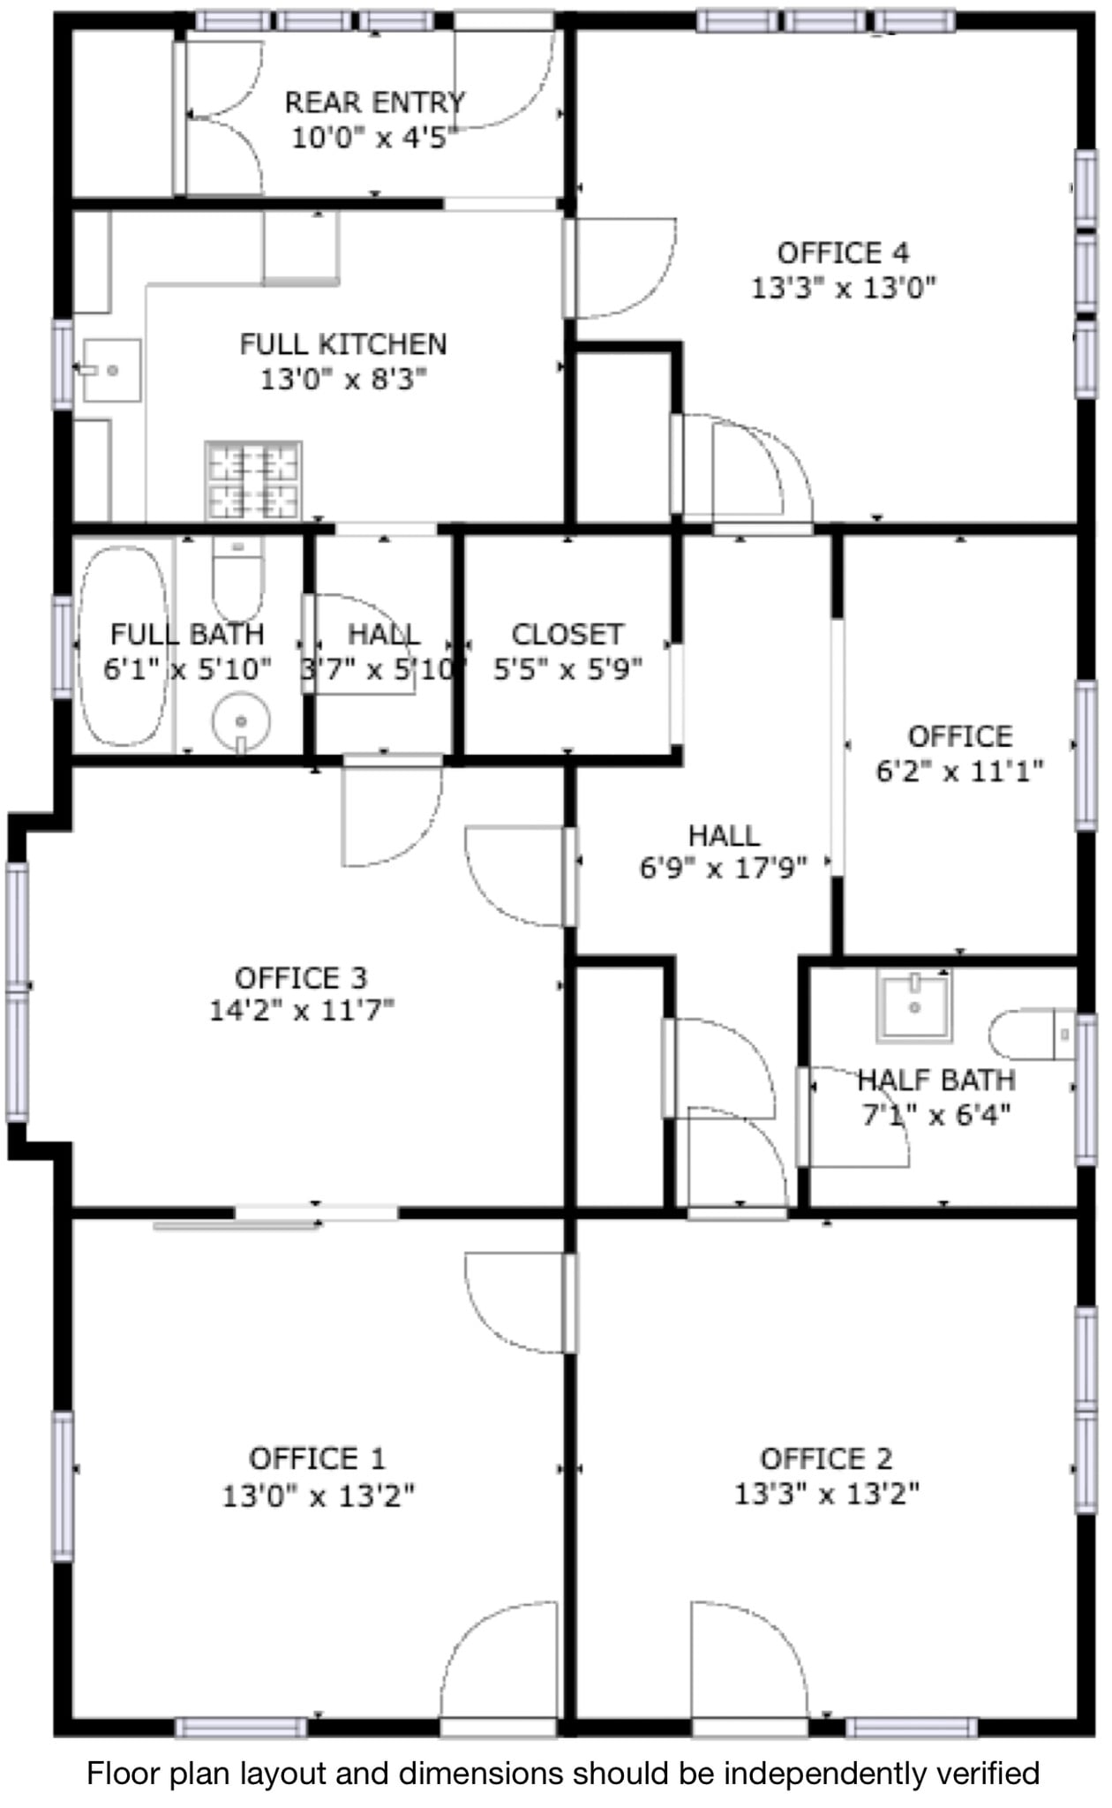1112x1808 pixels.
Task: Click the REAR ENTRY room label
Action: coord(374,102)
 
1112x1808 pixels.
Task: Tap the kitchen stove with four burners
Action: coord(253,480)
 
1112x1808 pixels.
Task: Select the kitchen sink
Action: coord(112,370)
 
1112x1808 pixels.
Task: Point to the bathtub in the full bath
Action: coord(124,647)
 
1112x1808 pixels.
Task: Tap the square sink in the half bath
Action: coord(914,1005)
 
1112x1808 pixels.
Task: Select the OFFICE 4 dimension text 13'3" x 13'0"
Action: coord(843,288)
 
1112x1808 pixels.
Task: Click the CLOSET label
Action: coord(567,634)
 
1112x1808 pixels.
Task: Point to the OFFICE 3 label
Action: coord(301,977)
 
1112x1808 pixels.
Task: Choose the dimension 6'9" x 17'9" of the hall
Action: coord(723,869)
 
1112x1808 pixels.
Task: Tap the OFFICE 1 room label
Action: coord(317,1458)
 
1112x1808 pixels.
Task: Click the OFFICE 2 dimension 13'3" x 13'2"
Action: coord(827,1494)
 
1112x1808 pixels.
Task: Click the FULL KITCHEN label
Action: coord(343,343)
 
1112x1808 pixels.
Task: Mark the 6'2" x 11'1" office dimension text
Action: coord(959,771)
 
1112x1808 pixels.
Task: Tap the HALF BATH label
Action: coord(936,1079)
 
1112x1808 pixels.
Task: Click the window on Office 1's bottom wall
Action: coord(241,1727)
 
